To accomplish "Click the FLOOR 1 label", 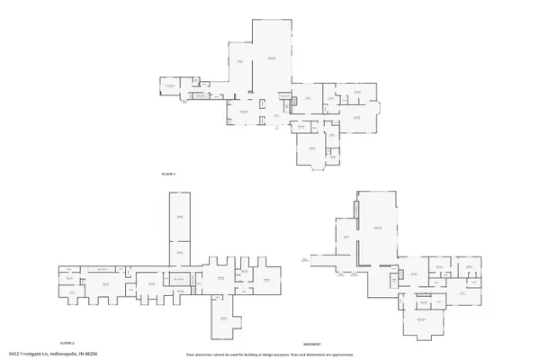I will pos(167,172).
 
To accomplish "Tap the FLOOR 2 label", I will pos(67,343).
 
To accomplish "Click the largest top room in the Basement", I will pos(378,229).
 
